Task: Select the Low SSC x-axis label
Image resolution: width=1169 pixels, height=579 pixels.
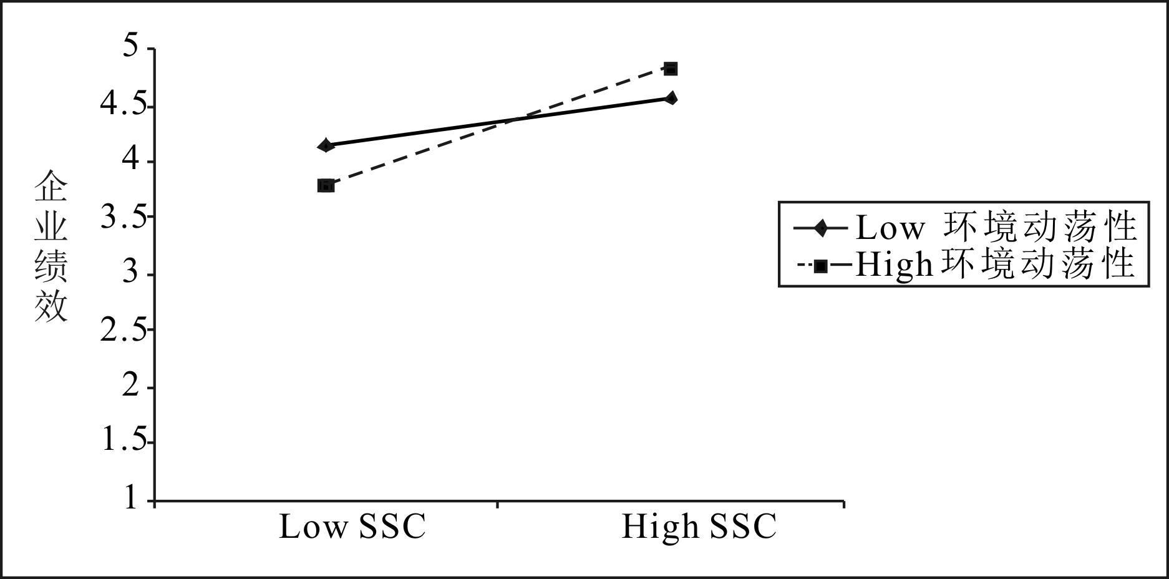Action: click(x=352, y=527)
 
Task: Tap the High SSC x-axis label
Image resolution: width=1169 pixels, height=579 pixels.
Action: click(x=699, y=527)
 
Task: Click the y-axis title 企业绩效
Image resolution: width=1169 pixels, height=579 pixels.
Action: click(x=51, y=246)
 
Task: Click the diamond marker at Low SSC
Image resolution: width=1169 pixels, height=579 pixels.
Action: click(x=325, y=146)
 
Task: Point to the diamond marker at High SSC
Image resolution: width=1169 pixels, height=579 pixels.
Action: click(x=671, y=98)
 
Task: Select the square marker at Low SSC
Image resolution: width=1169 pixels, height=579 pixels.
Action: click(x=325, y=185)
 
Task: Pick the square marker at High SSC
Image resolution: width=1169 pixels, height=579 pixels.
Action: click(x=671, y=68)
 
